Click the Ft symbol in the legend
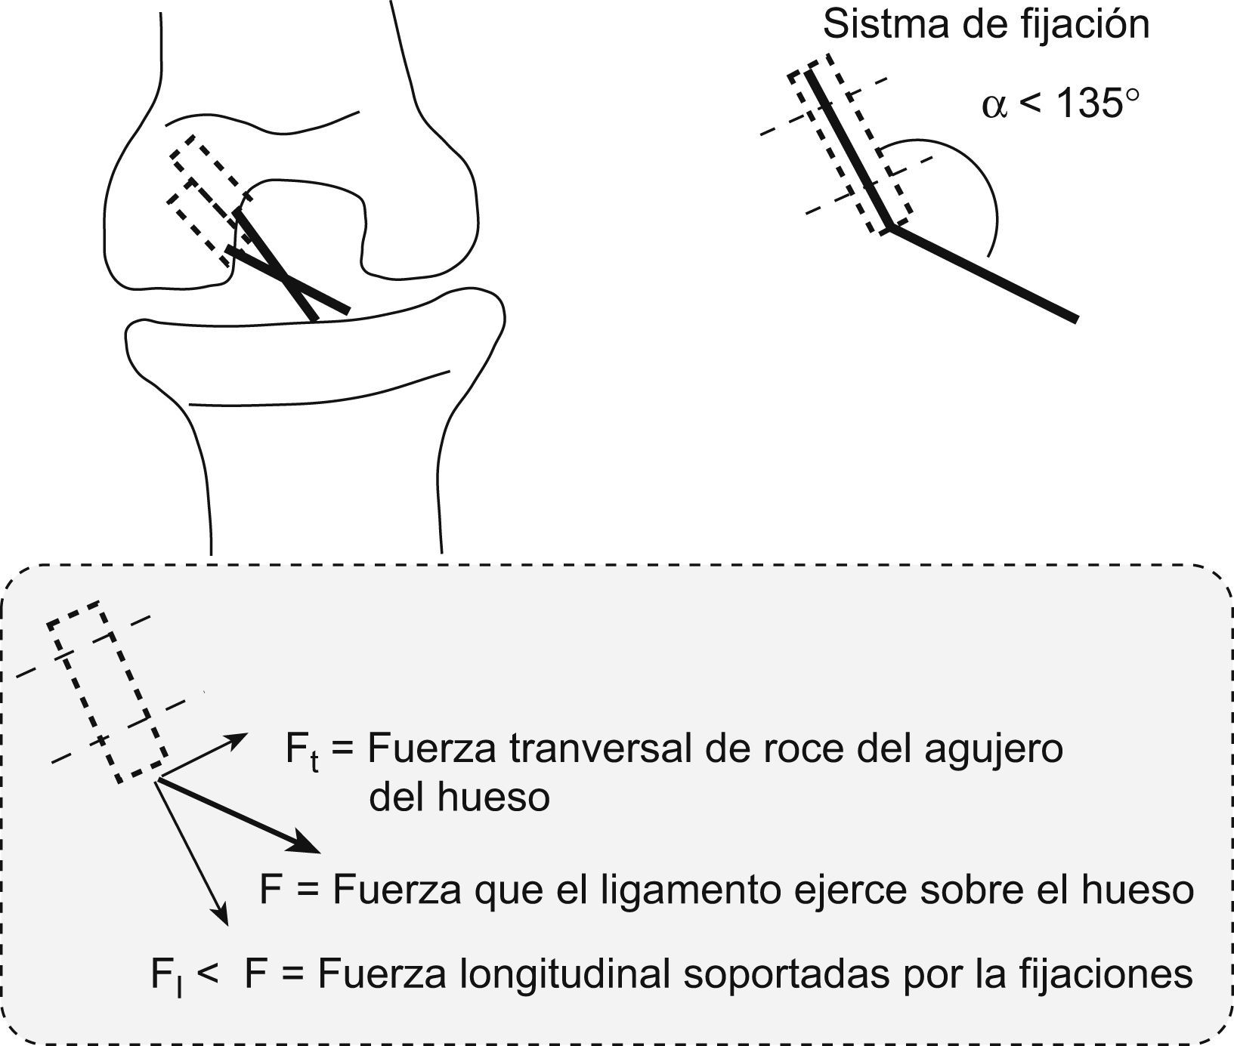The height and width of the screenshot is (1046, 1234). point(301,752)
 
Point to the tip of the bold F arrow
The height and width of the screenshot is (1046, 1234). point(320,852)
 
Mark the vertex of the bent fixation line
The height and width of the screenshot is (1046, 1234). point(891,227)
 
